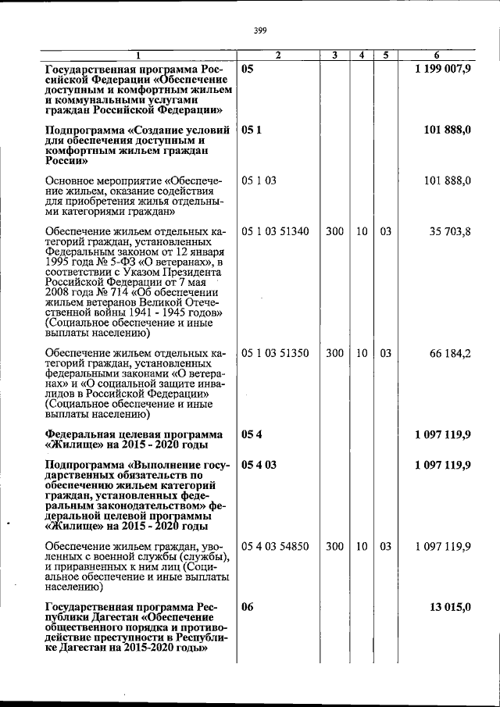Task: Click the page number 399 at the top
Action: point(261,30)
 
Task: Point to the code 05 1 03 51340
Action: point(275,232)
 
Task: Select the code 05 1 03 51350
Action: point(275,353)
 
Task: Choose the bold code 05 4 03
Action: point(259,465)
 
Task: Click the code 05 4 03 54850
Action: point(275,546)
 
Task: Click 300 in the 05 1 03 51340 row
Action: point(334,232)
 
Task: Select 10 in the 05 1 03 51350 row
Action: point(362,353)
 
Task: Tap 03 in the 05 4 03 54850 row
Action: point(386,546)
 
